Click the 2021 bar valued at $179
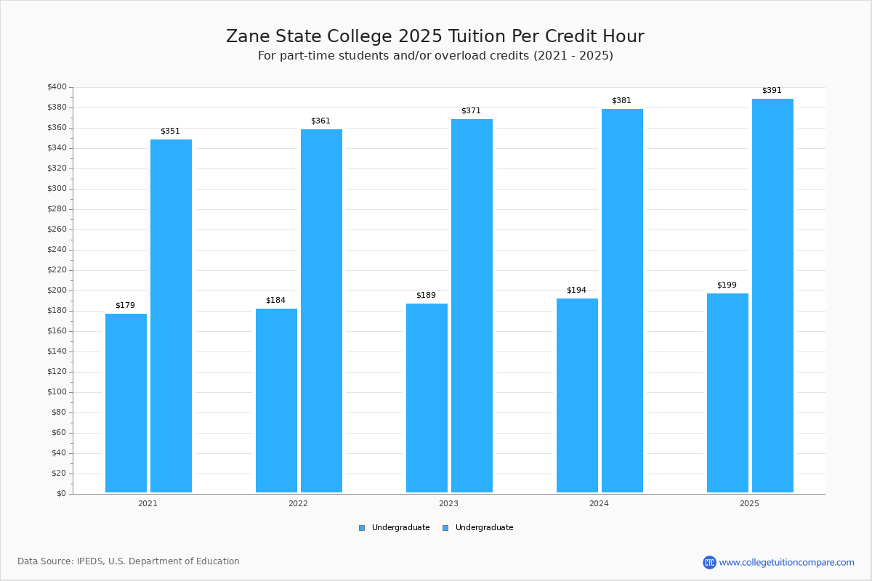(x=126, y=403)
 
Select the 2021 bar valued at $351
(x=171, y=316)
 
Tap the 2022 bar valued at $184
(x=276, y=400)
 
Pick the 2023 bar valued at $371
(x=472, y=306)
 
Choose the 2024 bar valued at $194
(x=577, y=395)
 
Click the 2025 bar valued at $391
(x=772, y=296)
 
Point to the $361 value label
(x=320, y=121)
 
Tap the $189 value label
(x=426, y=295)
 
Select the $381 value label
(x=621, y=100)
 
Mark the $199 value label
(x=727, y=285)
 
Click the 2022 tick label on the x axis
(x=298, y=503)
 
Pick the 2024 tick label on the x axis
(x=599, y=503)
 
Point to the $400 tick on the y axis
(x=57, y=87)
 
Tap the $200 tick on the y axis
(x=57, y=290)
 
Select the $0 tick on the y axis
(x=61, y=494)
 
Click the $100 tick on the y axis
(x=57, y=392)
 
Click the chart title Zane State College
(x=435, y=36)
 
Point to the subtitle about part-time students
(x=435, y=56)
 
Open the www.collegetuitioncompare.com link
(x=786, y=562)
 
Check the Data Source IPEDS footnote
(x=129, y=561)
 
